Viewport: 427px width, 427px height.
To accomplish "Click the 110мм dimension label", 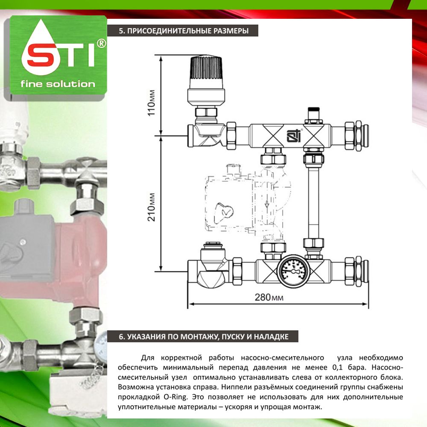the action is coord(152,103).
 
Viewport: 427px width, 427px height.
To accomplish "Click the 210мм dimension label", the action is coord(152,207).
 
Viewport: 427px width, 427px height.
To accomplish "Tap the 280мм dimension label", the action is coord(269,297).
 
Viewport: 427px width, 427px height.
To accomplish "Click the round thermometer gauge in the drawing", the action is coord(293,271).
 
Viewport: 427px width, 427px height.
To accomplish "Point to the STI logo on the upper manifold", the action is coord(294,135).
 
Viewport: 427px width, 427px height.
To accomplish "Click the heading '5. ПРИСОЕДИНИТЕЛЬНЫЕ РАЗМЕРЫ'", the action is coord(184,31).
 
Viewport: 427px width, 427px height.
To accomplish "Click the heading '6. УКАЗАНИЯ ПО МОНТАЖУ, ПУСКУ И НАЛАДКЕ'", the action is coord(203,336).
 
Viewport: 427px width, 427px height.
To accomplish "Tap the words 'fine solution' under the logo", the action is coord(58,84).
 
